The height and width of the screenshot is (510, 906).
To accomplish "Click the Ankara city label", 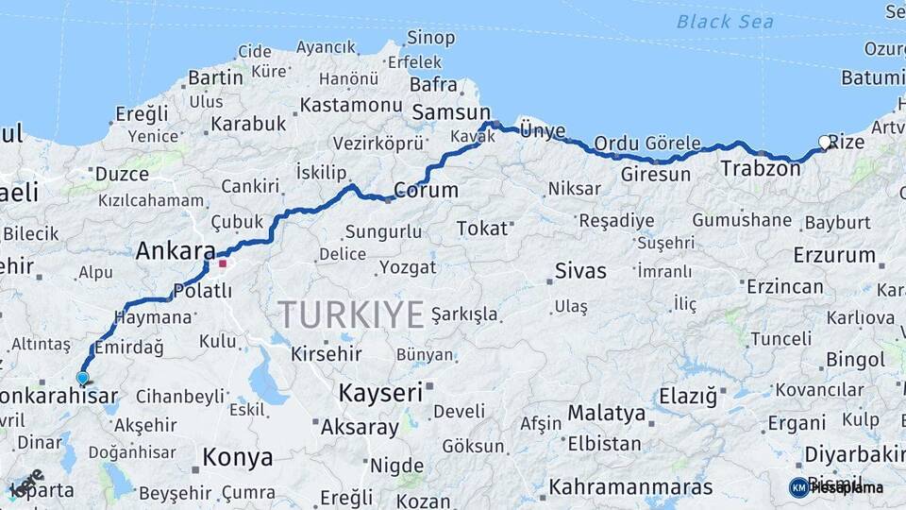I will pyautogui.click(x=176, y=251).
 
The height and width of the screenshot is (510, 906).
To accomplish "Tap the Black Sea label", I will pyautogui.click(x=725, y=22).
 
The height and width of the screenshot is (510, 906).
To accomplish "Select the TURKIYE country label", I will pyautogui.click(x=351, y=314).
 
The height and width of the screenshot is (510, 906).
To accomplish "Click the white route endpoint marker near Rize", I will pyautogui.click(x=825, y=143).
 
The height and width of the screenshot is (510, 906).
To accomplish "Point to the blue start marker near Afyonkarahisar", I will pyautogui.click(x=82, y=378).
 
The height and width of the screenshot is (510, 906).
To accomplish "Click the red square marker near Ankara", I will pyautogui.click(x=223, y=263).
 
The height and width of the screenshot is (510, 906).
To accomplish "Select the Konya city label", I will pyautogui.click(x=238, y=458).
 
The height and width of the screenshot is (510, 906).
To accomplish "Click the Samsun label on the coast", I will pyautogui.click(x=445, y=112).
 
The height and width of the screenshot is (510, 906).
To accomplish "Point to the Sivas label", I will pyautogui.click(x=580, y=271).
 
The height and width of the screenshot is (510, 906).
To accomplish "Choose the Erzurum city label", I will pyautogui.click(x=834, y=255).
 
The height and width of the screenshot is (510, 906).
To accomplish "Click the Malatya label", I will pyautogui.click(x=606, y=414).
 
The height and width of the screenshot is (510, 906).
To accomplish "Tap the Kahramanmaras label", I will pyautogui.click(x=630, y=487).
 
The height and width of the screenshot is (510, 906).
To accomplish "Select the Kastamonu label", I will pyautogui.click(x=351, y=103).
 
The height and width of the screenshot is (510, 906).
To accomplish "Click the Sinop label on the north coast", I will pyautogui.click(x=430, y=38).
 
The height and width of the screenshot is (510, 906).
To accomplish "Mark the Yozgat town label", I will pyautogui.click(x=408, y=267).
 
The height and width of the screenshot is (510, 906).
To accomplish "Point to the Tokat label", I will pyautogui.click(x=482, y=229).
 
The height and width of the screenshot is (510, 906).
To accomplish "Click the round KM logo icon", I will pyautogui.click(x=798, y=487).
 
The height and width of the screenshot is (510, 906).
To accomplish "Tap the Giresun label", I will pyautogui.click(x=655, y=175).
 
